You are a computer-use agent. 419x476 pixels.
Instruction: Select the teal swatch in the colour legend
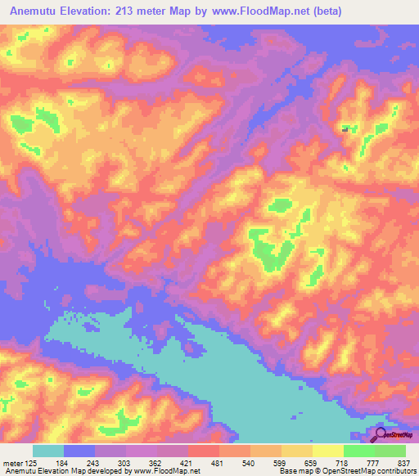[x=48, y=451]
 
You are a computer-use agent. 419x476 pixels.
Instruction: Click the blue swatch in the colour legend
[x=79, y=451]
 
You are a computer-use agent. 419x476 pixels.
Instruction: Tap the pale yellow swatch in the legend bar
[x=328, y=451]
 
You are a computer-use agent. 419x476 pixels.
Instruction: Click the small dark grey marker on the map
[x=345, y=128]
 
